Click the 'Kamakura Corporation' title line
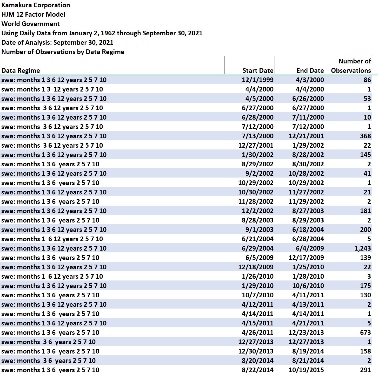(x=36, y=5)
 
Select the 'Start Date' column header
(x=258, y=70)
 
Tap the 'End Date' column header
(x=310, y=70)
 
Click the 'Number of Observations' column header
(x=351, y=66)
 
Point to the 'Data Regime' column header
(x=21, y=70)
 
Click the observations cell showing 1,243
(x=362, y=248)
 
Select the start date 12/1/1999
(x=257, y=80)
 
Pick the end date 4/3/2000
(x=310, y=80)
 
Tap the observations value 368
(x=365, y=136)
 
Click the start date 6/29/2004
(x=257, y=248)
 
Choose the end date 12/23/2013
(x=306, y=332)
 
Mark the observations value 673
(x=365, y=332)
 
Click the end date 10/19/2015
(x=306, y=370)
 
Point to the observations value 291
(x=365, y=370)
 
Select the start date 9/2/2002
(x=259, y=174)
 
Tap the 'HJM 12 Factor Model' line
(x=33, y=15)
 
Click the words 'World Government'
(x=30, y=24)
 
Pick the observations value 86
(x=367, y=80)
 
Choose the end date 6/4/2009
(x=310, y=248)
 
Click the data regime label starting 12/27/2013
(x=48, y=342)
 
